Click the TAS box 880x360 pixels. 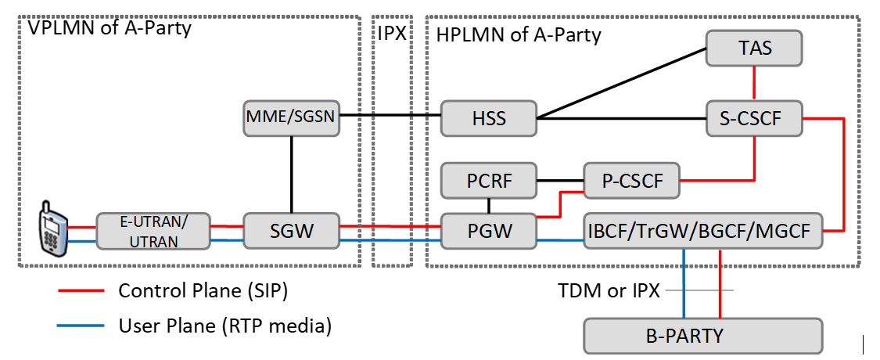click(754, 49)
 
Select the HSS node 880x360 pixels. click(489, 119)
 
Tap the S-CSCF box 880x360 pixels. click(754, 119)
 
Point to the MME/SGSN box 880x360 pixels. click(292, 117)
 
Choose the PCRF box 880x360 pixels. click(489, 182)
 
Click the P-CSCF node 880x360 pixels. click(632, 182)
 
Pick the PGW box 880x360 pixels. click(489, 231)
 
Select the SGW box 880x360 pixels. click(292, 231)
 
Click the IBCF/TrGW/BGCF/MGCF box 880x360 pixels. click(703, 231)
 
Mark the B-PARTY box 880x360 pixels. click(703, 336)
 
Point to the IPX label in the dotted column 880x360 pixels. click(392, 34)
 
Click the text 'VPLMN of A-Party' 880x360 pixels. click(110, 28)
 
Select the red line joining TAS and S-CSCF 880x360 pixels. click(754, 84)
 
